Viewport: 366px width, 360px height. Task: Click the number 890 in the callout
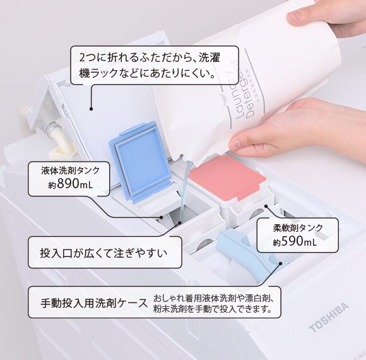[x=71, y=184]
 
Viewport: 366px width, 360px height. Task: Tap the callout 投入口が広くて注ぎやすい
[x=104, y=254]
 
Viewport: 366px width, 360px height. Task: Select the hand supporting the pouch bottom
[x=297, y=129]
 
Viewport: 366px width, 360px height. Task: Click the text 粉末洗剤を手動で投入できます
[x=212, y=309]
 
